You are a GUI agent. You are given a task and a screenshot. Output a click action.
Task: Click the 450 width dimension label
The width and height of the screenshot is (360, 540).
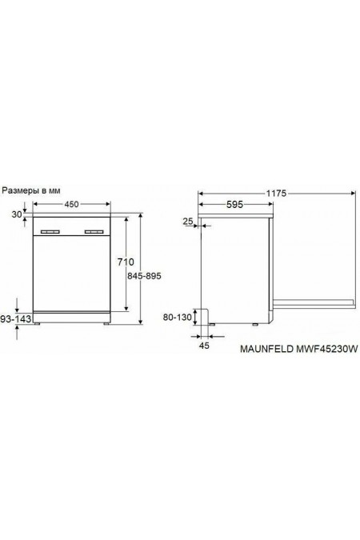70,205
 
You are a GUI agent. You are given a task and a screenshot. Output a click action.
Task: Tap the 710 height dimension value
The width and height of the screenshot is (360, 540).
125,262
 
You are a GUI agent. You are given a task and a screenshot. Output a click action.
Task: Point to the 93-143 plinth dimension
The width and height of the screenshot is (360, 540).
16,319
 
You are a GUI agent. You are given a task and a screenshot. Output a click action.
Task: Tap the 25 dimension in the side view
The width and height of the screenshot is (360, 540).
187,221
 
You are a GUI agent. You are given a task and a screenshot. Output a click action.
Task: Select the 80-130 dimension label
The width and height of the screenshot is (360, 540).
178,318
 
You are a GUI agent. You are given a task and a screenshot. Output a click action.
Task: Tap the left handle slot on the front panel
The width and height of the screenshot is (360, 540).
52,232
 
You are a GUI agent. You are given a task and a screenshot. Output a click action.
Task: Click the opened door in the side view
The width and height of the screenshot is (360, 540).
315,302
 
